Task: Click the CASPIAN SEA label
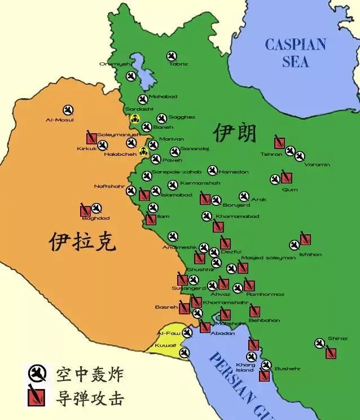click(295, 53)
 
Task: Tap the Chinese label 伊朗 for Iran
click(235, 133)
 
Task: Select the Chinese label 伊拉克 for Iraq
click(82, 241)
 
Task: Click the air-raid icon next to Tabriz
click(172, 56)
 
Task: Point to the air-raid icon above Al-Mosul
click(68, 110)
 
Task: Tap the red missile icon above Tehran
click(279, 142)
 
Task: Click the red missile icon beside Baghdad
click(86, 210)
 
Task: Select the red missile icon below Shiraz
click(331, 353)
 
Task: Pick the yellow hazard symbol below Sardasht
click(135, 119)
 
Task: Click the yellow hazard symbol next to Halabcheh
click(143, 151)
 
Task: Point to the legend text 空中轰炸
click(89, 374)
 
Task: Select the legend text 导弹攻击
click(89, 398)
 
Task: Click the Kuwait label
click(166, 345)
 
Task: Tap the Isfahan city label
click(310, 255)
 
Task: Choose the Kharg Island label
click(245, 367)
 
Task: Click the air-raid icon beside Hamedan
click(213, 170)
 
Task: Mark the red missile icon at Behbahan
click(254, 311)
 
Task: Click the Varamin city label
click(317, 165)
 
